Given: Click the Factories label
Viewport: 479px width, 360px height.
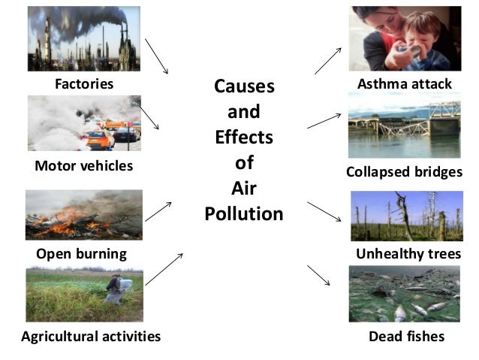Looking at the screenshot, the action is [x=84, y=83].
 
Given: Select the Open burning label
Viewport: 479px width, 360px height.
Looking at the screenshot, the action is [x=81, y=254].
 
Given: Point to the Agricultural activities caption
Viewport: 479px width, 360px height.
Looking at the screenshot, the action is [x=91, y=336].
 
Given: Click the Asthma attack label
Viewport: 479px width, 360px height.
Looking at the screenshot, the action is [x=405, y=83].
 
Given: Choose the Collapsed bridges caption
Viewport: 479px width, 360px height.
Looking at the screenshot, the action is [x=404, y=172].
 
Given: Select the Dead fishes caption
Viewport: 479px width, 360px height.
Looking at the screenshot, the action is [x=406, y=336].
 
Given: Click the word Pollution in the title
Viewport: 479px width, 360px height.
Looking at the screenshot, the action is [x=244, y=214].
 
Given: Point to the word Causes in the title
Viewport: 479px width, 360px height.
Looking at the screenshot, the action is [x=245, y=86].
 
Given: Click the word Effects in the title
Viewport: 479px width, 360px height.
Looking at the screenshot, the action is [x=244, y=138].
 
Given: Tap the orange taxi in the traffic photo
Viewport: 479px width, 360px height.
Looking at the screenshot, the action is [x=98, y=138].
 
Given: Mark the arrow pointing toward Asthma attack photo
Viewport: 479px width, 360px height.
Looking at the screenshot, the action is [x=328, y=59].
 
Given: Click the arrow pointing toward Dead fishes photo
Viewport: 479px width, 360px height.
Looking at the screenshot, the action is [x=319, y=275].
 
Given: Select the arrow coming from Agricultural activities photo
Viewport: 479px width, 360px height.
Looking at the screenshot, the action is [x=164, y=269].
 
